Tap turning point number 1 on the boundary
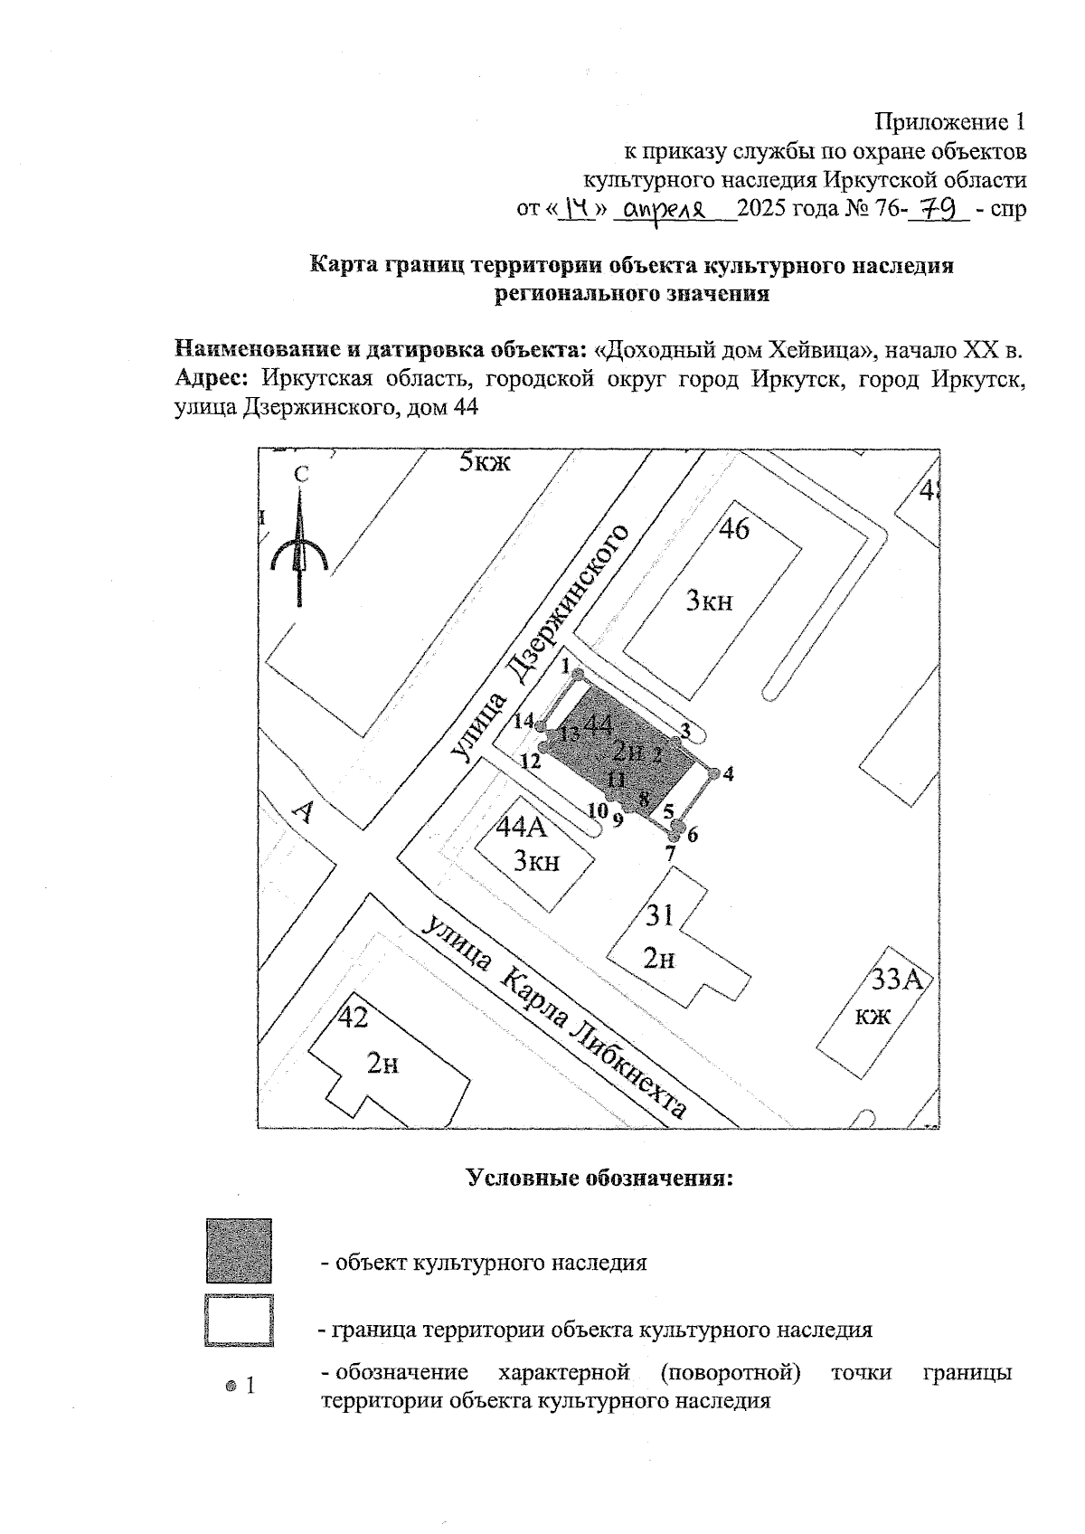click(579, 674)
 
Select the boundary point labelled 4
click(713, 773)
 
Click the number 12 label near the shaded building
click(530, 761)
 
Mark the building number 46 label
click(733, 529)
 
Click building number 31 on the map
click(660, 915)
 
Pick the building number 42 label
click(354, 1018)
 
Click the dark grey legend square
click(239, 1251)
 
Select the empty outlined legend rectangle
click(239, 1321)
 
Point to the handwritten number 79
click(939, 209)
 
